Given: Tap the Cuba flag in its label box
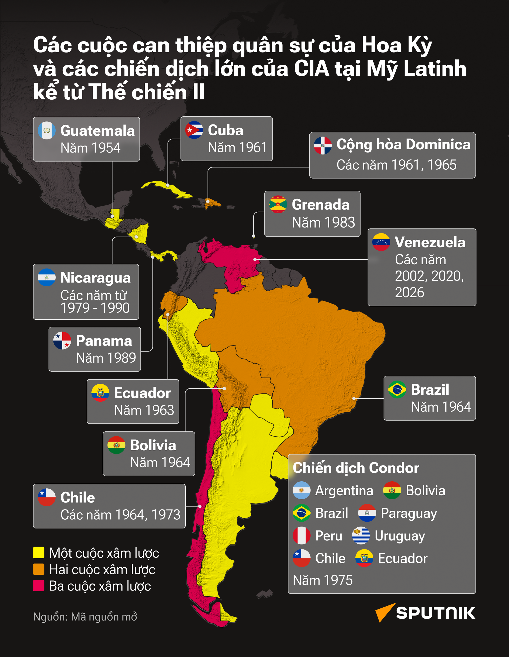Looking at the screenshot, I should click(194, 130).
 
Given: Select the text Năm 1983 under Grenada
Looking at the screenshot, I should click(323, 223).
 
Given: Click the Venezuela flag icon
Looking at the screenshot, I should click(381, 242).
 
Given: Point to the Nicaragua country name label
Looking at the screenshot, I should click(95, 277).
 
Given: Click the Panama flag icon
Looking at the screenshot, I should click(62, 341).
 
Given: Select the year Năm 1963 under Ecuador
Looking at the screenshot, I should click(144, 410).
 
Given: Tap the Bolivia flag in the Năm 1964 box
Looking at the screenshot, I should click(117, 445).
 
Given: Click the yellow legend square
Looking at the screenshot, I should click(39, 553).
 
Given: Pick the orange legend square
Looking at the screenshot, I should click(39, 569).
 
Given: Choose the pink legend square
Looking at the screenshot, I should click(39, 586).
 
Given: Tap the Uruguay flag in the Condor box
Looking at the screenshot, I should click(361, 536).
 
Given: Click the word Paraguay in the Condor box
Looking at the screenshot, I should click(408, 513).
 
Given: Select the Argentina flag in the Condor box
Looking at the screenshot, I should click(302, 490).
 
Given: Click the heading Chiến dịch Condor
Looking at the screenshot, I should click(356, 468).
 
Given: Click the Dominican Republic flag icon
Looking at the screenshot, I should click(323, 145).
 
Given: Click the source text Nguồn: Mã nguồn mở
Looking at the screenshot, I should click(85, 617).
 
